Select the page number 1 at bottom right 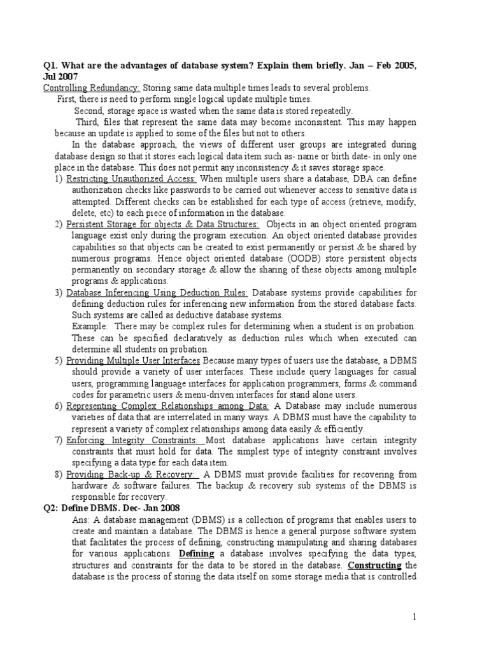[x=413, y=617]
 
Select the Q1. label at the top [x=51, y=65]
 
